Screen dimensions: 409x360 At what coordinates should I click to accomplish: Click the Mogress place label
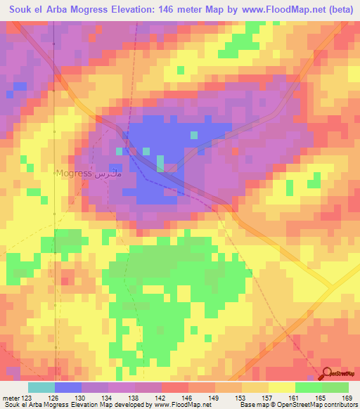tap(74, 173)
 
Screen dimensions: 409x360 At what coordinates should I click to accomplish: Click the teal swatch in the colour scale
tap(41, 387)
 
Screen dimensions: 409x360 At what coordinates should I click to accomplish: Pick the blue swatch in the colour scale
tap(68, 387)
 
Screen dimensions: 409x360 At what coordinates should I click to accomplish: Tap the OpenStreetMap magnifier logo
tap(328, 372)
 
